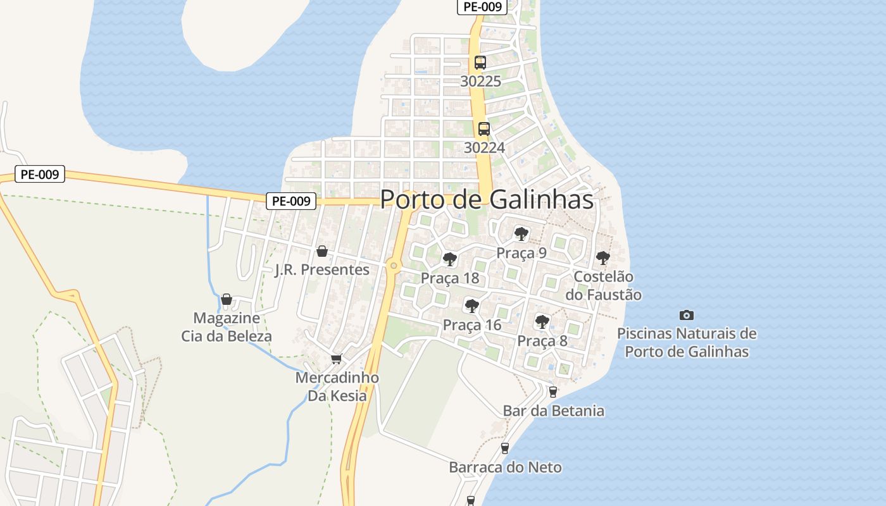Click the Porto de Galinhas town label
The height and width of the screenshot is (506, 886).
pyautogui.click(x=487, y=199)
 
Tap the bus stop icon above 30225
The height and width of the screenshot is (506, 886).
pyautogui.click(x=480, y=63)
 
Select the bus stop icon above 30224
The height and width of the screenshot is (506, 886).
pyautogui.click(x=484, y=129)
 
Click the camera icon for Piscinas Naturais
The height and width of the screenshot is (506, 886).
pyautogui.click(x=687, y=315)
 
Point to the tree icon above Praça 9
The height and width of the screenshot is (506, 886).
pyautogui.click(x=521, y=234)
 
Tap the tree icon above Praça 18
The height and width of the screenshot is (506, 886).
pyautogui.click(x=450, y=259)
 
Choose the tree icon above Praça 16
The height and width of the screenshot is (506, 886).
pyautogui.click(x=471, y=306)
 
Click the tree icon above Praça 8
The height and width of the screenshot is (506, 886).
pyautogui.click(x=542, y=321)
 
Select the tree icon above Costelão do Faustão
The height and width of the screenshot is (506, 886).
pyautogui.click(x=603, y=258)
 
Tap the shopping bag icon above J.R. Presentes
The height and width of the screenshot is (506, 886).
pyautogui.click(x=322, y=251)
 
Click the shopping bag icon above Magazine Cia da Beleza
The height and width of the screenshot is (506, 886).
pyautogui.click(x=227, y=299)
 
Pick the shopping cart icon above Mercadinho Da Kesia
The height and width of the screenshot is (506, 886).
pyautogui.click(x=337, y=359)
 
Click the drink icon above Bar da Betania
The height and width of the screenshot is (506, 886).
pyautogui.click(x=553, y=392)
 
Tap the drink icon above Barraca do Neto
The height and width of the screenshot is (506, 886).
pyautogui.click(x=505, y=448)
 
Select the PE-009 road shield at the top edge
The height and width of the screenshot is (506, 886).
pyautogui.click(x=482, y=7)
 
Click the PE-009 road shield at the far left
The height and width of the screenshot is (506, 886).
pyautogui.click(x=40, y=175)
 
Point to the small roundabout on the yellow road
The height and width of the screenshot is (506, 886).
pyautogui.click(x=394, y=266)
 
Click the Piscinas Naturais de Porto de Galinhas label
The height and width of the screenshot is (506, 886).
pyautogui.click(x=687, y=342)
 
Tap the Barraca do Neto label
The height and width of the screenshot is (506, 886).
pyautogui.click(x=505, y=467)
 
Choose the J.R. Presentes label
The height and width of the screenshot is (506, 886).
pyautogui.click(x=322, y=269)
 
